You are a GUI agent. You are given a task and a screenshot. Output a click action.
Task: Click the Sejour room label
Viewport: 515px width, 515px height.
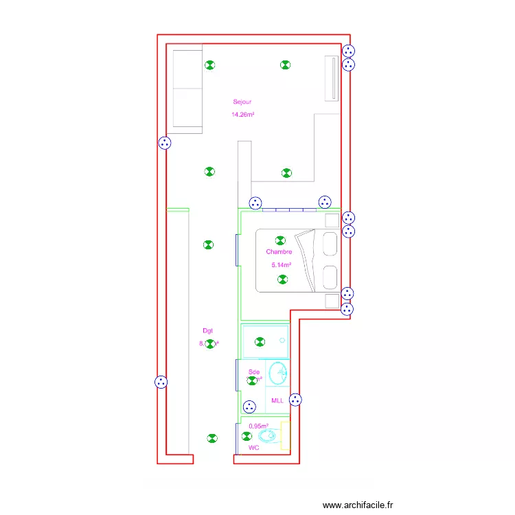pos(242,102)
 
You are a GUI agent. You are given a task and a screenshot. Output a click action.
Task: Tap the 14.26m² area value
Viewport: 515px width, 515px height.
pos(243,115)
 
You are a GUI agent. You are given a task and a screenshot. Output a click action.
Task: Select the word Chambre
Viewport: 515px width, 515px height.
pos(279,252)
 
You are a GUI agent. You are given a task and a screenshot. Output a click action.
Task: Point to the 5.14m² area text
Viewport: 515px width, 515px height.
pos(282,265)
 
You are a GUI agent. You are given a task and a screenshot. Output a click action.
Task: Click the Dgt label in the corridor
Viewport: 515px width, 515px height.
pos(207,331)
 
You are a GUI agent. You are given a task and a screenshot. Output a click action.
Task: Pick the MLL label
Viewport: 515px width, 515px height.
pos(277,400)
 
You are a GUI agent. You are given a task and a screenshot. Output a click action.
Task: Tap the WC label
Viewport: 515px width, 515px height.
pos(253,448)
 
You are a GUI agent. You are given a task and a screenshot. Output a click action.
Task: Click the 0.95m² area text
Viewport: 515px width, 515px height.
pos(259,426)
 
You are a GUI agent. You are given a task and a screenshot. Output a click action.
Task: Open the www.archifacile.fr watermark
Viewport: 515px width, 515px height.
pos(358,505)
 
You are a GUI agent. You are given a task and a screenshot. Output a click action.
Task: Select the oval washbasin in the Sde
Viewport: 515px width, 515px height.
pos(279,374)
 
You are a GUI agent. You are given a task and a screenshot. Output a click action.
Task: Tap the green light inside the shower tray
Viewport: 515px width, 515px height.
pos(260,341)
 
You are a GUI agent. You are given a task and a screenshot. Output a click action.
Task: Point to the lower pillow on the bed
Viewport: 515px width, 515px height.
pos(330,276)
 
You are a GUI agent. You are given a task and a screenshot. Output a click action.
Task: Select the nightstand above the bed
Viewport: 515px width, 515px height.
pos(332,220)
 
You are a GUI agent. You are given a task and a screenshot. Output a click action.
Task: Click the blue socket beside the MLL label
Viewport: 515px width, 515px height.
pos(296,400)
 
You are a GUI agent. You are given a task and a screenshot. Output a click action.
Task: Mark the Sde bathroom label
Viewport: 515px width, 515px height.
pos(254,372)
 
